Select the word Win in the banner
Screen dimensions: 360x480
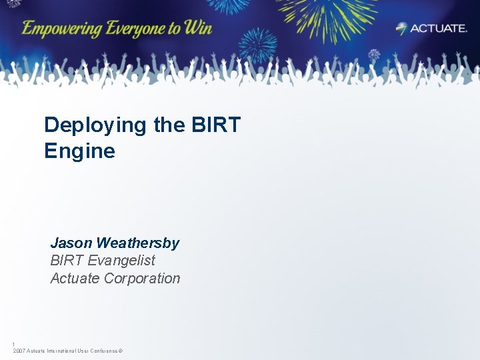tap(198, 28)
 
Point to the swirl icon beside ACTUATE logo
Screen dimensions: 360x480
tap(402, 28)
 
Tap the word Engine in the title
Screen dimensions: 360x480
tap(79, 151)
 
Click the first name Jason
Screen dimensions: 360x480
tap(71, 243)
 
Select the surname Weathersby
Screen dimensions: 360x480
tap(138, 243)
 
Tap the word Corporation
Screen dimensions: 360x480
tap(142, 278)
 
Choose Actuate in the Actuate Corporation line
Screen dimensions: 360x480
tap(75, 278)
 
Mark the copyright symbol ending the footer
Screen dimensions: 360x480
tap(121, 351)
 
